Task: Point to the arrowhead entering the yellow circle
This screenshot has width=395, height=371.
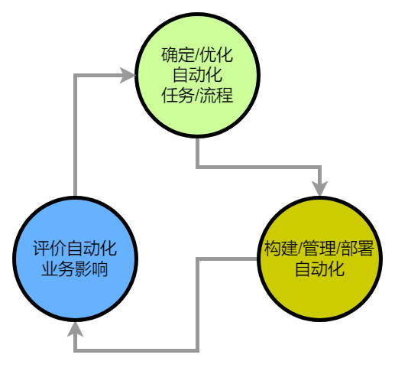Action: click(319, 188)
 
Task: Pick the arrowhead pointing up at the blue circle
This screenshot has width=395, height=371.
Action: click(75, 329)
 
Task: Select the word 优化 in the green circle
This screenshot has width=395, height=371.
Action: click(217, 56)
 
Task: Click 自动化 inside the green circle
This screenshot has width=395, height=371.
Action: click(196, 76)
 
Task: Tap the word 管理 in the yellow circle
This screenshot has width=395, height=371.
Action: click(320, 249)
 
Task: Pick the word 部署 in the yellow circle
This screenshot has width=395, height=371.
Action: click(359, 249)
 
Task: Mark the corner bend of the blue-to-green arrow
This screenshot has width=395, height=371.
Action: click(75, 75)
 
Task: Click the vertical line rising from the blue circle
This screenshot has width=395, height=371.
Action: click(75, 138)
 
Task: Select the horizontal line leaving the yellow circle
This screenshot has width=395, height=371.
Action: click(229, 259)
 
